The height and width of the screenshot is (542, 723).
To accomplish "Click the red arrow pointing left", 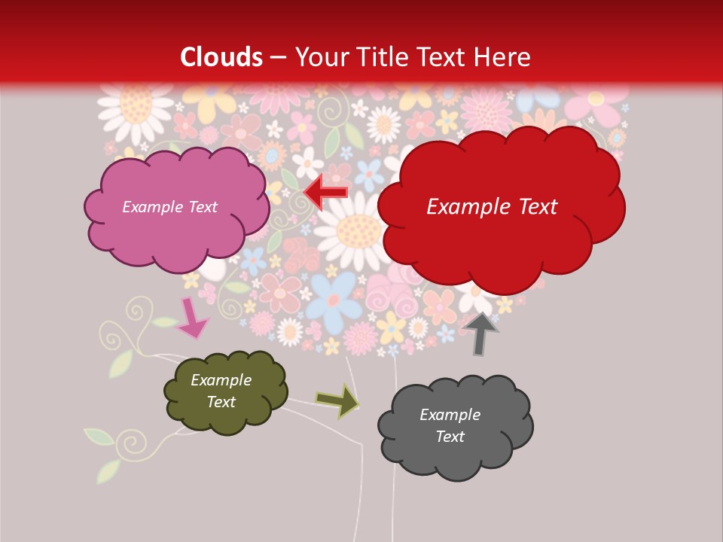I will [325, 193].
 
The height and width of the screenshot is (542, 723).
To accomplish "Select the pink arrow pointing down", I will [191, 318].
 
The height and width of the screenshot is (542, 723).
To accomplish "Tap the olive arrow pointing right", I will [338, 400].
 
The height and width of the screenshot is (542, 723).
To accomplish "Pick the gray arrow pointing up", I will [480, 332].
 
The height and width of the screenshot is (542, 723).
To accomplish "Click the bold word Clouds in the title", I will [222, 57].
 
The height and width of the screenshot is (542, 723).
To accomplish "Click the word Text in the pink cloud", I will [202, 207].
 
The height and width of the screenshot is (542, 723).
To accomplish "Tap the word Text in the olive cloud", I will [221, 402].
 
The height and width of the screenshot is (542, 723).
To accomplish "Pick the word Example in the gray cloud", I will [450, 415].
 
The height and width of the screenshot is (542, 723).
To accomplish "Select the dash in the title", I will [278, 57].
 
